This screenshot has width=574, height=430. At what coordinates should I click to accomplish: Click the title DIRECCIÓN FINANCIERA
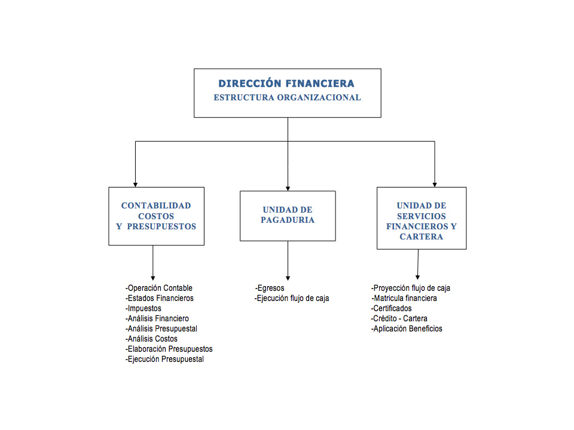pyautogui.click(x=286, y=84)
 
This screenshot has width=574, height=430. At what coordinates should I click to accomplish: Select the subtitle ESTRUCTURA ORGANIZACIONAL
pyautogui.click(x=287, y=97)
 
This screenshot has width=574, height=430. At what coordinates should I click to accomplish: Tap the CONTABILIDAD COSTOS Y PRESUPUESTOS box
pyautogui.click(x=156, y=216)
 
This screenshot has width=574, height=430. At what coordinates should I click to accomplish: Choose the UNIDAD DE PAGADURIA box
pyautogui.click(x=288, y=215)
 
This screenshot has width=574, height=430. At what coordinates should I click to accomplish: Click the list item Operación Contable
pyautogui.click(x=159, y=288)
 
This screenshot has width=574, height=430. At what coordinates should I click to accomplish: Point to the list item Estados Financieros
pyautogui.click(x=160, y=298)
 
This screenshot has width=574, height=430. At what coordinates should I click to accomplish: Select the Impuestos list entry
pyautogui.click(x=143, y=308)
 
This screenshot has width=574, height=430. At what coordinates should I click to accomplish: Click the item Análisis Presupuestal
pyautogui.click(x=161, y=328)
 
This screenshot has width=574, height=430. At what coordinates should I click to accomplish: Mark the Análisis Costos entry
pyautogui.click(x=152, y=339)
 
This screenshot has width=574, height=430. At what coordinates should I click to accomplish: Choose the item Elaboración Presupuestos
pyautogui.click(x=169, y=349)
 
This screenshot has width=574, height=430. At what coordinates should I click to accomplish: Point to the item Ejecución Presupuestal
pyautogui.click(x=165, y=359)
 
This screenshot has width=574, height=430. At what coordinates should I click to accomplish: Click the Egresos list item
pyautogui.click(x=270, y=288)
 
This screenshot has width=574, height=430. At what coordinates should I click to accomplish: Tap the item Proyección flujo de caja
pyautogui.click(x=411, y=288)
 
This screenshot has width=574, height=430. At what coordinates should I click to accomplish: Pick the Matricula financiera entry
pyautogui.click(x=404, y=298)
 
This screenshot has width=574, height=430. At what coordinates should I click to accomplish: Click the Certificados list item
pyautogui.click(x=392, y=308)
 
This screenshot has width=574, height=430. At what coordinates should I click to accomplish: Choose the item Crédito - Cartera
pyautogui.click(x=399, y=318)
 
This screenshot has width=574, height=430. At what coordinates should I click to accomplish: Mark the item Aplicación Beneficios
pyautogui.click(x=407, y=328)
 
